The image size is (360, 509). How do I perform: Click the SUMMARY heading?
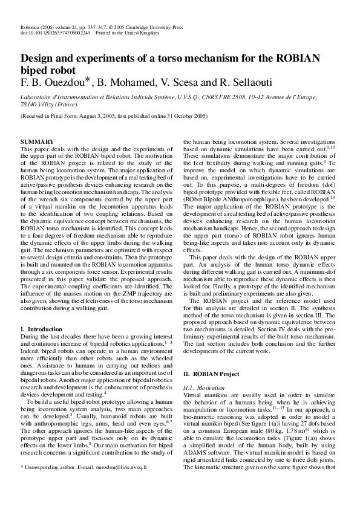tap(38, 141)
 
